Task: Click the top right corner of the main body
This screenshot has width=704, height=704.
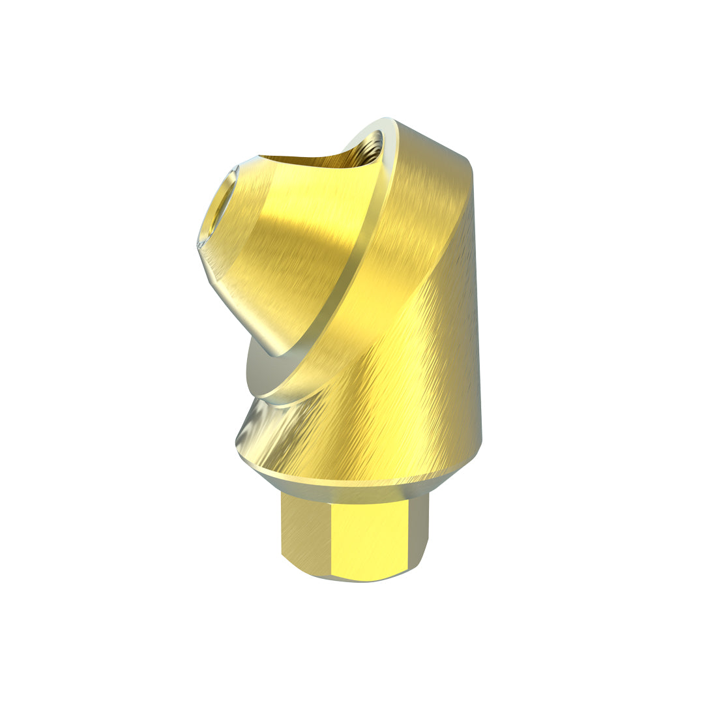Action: tap(469, 160)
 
